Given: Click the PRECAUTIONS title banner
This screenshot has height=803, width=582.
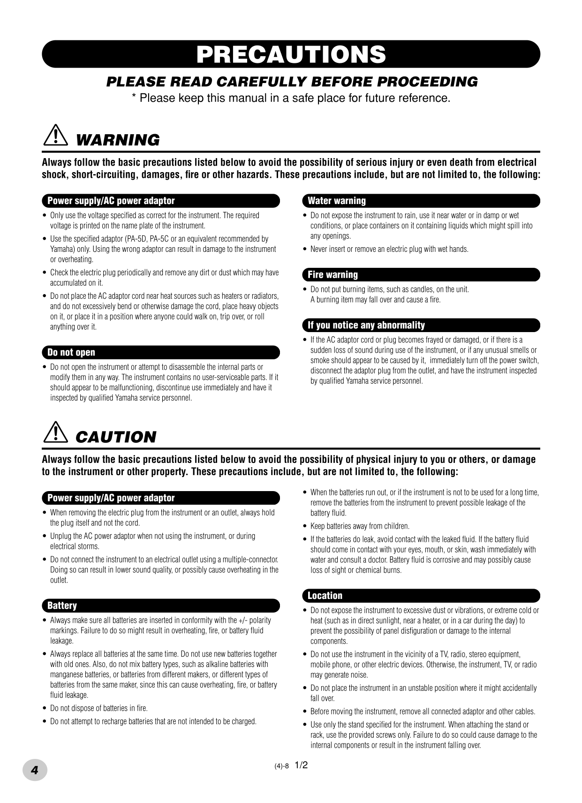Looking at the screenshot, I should click(291, 54).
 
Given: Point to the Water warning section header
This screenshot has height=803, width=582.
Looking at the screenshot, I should click(337, 201).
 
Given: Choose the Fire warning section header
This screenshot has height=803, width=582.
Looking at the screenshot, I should click(333, 275).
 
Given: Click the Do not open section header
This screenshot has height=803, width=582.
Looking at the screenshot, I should click(71, 353).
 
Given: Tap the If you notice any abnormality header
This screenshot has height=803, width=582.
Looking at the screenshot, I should click(366, 326).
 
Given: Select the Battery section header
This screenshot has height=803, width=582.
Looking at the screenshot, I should click(62, 606).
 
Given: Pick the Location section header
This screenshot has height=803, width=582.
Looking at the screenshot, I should click(325, 596).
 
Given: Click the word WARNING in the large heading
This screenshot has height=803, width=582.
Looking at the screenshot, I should click(117, 140).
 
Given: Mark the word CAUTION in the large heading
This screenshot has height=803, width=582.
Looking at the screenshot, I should click(115, 437).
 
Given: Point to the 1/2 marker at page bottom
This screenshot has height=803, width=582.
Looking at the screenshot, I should click(301, 765).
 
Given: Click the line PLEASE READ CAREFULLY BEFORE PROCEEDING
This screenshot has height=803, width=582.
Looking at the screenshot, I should click(292, 82).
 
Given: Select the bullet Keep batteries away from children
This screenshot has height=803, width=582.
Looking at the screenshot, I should click(360, 526).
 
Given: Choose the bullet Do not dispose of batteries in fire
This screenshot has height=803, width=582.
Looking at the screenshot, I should click(99, 708).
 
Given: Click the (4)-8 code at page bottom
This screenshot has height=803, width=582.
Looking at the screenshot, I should click(281, 766).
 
